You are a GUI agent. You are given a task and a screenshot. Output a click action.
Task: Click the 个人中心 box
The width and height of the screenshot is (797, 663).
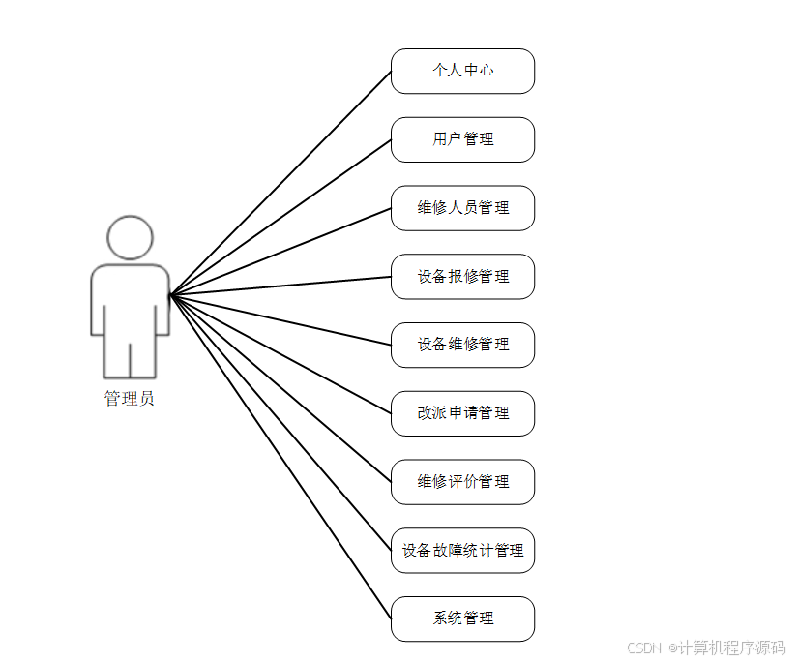coord(462,72)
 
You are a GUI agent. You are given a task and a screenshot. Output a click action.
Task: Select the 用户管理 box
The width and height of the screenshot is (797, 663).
coord(462,139)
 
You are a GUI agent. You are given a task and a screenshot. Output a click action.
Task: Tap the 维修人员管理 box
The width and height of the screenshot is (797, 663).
coord(462,208)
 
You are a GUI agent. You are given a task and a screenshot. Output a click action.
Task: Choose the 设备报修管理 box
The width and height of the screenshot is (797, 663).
coord(462,277)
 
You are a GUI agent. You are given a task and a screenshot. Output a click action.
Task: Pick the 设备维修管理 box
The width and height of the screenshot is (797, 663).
coord(462,345)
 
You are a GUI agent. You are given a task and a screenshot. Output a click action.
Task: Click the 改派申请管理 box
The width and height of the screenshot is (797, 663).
coord(462,413)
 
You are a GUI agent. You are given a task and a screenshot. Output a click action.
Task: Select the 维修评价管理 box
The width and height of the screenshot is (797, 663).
coord(462,482)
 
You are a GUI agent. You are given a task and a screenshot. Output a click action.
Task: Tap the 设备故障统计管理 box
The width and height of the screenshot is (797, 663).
coord(462,551)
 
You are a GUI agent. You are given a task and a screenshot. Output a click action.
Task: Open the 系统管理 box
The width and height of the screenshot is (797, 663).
coord(462,618)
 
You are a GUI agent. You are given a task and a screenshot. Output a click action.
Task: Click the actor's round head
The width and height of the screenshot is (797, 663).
coord(130,238)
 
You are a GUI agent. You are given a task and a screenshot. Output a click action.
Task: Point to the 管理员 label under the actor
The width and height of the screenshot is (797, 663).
coord(129,399)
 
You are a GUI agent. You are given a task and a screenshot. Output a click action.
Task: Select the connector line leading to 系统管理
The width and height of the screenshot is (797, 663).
coord(280,456)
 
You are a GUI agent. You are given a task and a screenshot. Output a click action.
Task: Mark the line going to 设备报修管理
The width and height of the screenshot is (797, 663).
coord(280,286)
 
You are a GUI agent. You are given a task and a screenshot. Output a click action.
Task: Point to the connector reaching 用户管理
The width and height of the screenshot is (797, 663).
coord(280,218)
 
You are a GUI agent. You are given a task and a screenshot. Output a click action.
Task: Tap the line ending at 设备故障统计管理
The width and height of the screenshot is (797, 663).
coord(280,423)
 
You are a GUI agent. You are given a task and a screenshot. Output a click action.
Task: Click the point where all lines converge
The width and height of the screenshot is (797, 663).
coord(171,295)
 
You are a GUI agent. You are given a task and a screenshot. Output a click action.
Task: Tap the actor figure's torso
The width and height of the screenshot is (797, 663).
coord(130,300)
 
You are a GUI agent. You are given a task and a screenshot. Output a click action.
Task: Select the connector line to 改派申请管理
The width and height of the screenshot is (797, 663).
coord(280,354)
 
